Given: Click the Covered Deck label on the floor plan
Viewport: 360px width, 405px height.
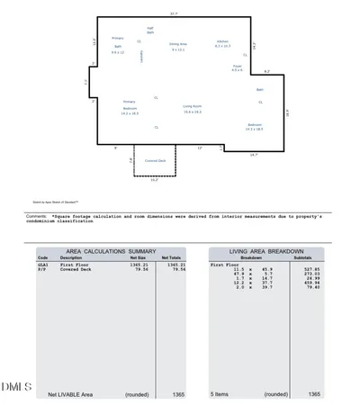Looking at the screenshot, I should pyautogui.click(x=155, y=161).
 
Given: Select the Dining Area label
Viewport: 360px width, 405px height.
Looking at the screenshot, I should pyautogui.click(x=178, y=44).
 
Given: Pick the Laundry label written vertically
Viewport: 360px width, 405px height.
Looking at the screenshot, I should pyautogui.click(x=141, y=56).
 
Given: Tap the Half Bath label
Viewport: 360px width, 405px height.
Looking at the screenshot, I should pyautogui.click(x=150, y=31).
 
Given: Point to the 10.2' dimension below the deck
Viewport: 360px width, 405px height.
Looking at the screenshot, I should pyautogui.click(x=154, y=180).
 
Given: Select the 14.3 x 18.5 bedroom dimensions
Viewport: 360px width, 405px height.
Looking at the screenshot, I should pyautogui.click(x=255, y=129).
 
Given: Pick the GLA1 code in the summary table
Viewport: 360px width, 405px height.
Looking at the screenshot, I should pyautogui.click(x=41, y=265).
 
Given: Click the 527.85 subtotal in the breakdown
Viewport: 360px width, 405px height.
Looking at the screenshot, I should pyautogui.click(x=310, y=268).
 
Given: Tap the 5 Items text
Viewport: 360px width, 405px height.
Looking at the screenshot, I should pyautogui.click(x=220, y=394).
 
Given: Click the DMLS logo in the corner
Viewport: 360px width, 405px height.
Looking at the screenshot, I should pyautogui.click(x=16, y=386).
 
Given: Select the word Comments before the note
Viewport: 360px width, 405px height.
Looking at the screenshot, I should pyautogui.click(x=36, y=216).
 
